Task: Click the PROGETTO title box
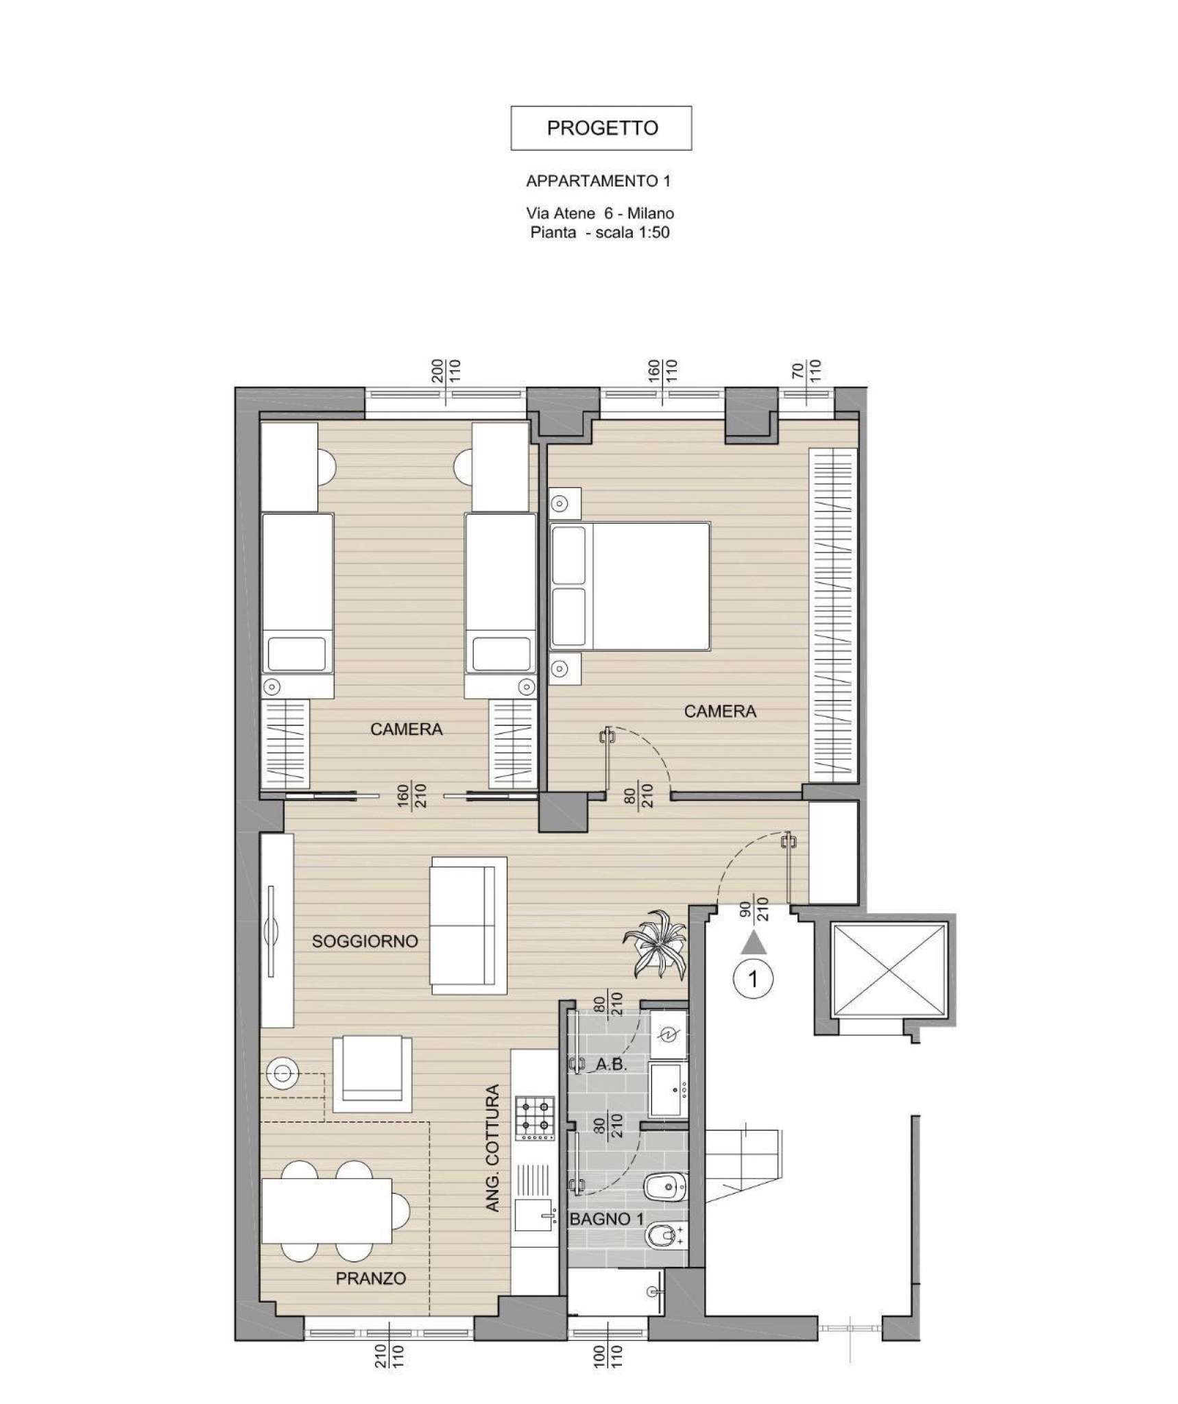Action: pos(601,128)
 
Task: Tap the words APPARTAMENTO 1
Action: pos(598,181)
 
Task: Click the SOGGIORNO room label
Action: pos(365,941)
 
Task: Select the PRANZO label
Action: pos(371,1279)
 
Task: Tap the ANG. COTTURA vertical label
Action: pos(492,1157)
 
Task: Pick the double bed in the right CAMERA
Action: pos(630,585)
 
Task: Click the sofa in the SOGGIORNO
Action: pos(468,925)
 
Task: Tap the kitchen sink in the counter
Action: pos(534,1219)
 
